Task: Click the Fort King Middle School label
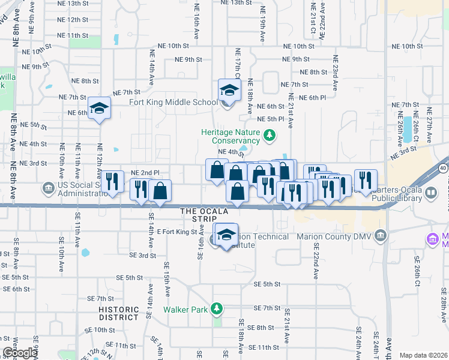[x=173, y=102]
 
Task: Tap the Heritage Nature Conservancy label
[x=231, y=136]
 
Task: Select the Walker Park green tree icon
[x=217, y=309]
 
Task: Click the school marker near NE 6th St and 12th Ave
[x=100, y=109]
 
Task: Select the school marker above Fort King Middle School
[x=229, y=91]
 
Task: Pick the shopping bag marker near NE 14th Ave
[x=160, y=191]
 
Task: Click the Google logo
[x=20, y=353]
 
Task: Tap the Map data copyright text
[x=423, y=355]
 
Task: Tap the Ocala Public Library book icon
[x=431, y=194]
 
